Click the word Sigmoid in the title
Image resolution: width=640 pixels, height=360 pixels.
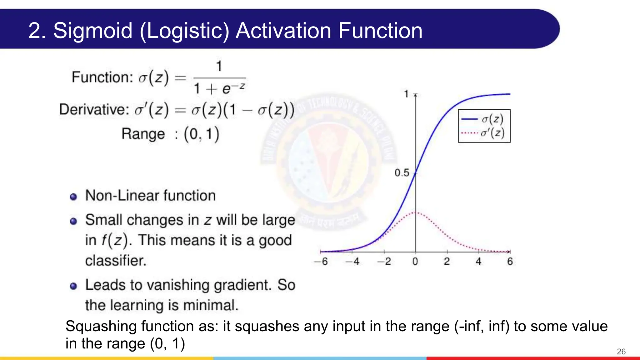pyautogui.click(x=93, y=31)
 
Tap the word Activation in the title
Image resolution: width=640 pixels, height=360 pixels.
pyautogui.click(x=283, y=31)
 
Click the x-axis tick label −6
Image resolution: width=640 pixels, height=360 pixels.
pyautogui.click(x=321, y=262)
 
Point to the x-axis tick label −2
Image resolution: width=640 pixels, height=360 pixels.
pyautogui.click(x=384, y=262)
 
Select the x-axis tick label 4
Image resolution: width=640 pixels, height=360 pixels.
pyautogui.click(x=478, y=262)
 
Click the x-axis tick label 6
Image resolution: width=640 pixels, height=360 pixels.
pyautogui.click(x=510, y=262)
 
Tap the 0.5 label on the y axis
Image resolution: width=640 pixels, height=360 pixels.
pyautogui.click(x=402, y=173)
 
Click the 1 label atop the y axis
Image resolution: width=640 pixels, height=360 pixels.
pyautogui.click(x=406, y=94)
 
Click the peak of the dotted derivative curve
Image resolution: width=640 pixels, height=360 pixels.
pyautogui.click(x=416, y=212)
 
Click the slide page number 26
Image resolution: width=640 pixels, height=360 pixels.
pyautogui.click(x=621, y=352)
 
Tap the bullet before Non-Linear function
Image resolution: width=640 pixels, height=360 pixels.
pyautogui.click(x=73, y=197)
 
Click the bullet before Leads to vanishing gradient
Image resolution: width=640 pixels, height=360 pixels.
pyautogui.click(x=73, y=286)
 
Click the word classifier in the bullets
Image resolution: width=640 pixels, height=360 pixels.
pyautogui.click(x=115, y=261)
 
